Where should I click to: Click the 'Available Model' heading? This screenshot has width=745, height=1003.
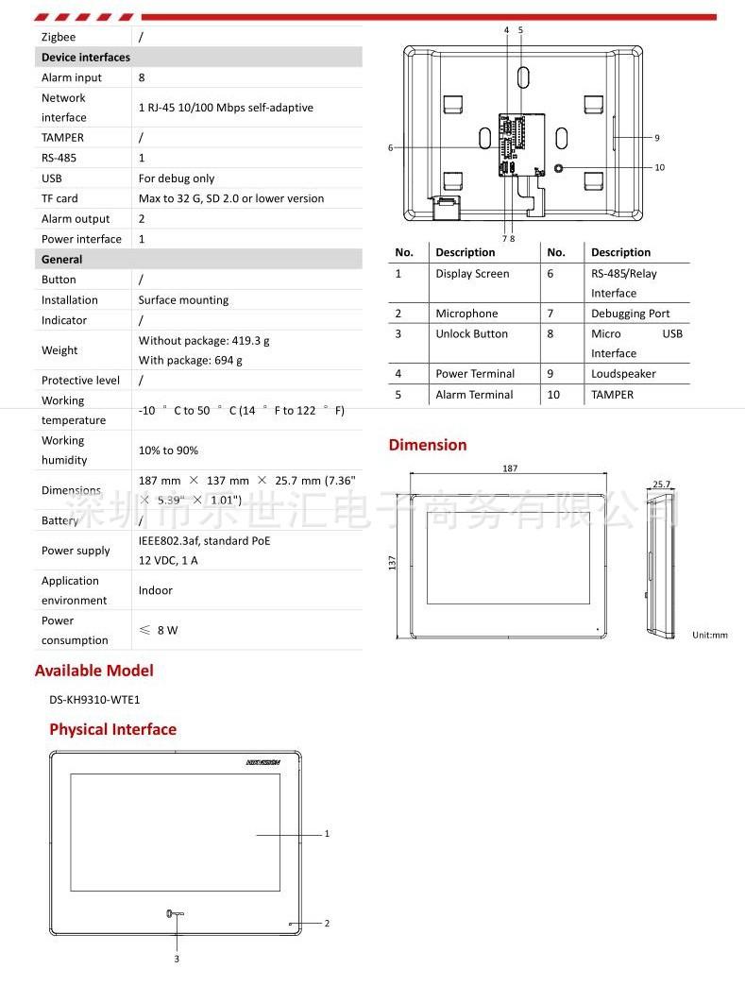[93, 671]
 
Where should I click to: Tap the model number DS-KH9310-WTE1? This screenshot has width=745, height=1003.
[94, 700]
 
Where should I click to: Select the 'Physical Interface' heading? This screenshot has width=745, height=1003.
[112, 729]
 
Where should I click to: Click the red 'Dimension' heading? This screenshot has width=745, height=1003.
[428, 445]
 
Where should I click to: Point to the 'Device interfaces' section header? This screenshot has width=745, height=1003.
[86, 58]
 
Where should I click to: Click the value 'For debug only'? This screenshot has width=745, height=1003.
[177, 178]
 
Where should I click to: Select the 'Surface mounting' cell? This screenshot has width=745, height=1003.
[183, 300]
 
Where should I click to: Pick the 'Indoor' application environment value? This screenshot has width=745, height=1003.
[156, 590]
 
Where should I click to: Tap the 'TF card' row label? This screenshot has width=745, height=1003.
[59, 198]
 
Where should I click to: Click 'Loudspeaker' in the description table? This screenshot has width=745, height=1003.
[623, 374]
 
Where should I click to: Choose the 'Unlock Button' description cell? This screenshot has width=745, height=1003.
[471, 334]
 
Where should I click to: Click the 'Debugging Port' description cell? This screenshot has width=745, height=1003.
[630, 314]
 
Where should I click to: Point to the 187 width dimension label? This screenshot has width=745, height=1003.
[510, 468]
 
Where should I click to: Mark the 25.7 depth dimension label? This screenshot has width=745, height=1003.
[661, 484]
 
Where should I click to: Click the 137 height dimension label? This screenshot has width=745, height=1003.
[393, 561]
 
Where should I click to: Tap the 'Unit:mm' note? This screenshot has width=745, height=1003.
[709, 635]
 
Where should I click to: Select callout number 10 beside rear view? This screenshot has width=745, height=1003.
[659, 167]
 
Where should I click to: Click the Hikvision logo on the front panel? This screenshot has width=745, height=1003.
[263, 761]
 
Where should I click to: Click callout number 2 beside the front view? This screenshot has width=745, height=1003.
[327, 924]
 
